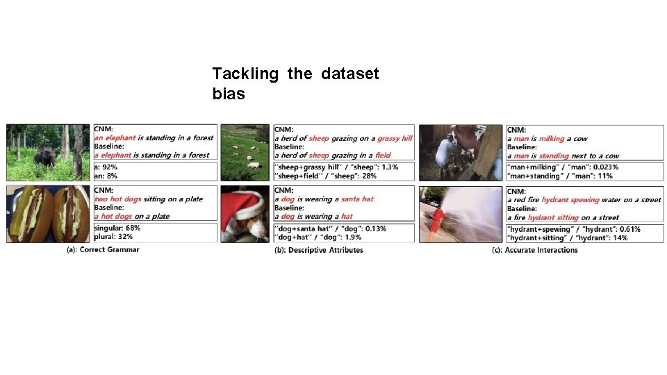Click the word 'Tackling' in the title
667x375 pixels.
tap(245, 74)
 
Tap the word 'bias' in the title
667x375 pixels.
tap(229, 94)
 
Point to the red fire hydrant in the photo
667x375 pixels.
tap(437, 222)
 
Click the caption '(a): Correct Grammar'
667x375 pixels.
tap(103, 249)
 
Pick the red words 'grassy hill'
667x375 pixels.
tap(395, 139)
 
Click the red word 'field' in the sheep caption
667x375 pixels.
tap(383, 156)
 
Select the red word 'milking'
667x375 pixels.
tap(551, 139)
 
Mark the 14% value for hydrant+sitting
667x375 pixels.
tap(620, 237)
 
